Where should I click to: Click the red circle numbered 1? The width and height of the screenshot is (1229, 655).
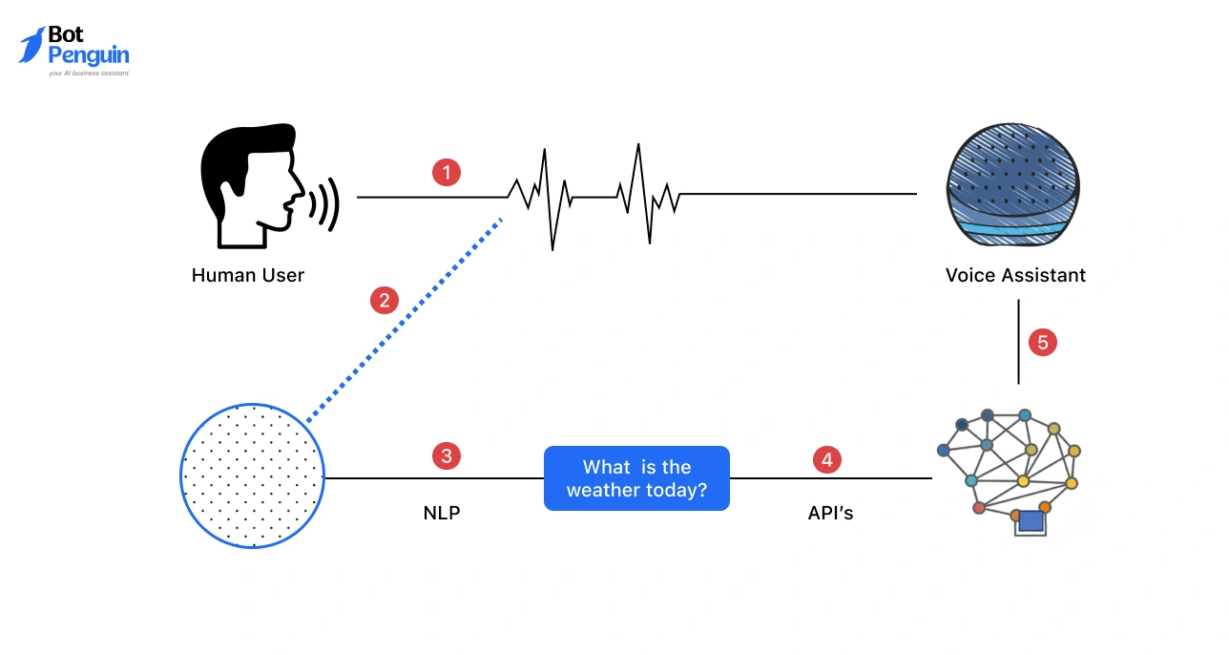click(x=447, y=173)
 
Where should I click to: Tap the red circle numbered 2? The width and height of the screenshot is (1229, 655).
click(x=384, y=301)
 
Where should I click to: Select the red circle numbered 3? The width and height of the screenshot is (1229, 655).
click(x=447, y=455)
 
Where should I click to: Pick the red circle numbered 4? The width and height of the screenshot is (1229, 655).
click(x=826, y=459)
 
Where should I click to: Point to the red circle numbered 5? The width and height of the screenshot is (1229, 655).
click(x=1043, y=342)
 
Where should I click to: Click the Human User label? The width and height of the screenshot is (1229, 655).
click(x=248, y=275)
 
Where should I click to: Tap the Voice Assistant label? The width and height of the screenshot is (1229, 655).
click(x=1015, y=275)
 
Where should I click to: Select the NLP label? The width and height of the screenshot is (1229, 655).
click(x=442, y=513)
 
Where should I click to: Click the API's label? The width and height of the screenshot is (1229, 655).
click(x=830, y=513)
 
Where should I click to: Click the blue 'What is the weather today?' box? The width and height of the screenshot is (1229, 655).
click(x=636, y=478)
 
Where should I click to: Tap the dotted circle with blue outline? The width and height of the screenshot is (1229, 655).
click(x=252, y=475)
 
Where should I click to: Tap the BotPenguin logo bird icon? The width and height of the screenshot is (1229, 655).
click(x=31, y=44)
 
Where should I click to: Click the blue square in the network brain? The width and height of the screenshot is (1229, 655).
click(x=1031, y=520)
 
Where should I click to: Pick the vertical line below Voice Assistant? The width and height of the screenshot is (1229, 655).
click(x=1018, y=342)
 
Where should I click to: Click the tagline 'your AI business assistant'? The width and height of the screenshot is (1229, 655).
click(x=88, y=73)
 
